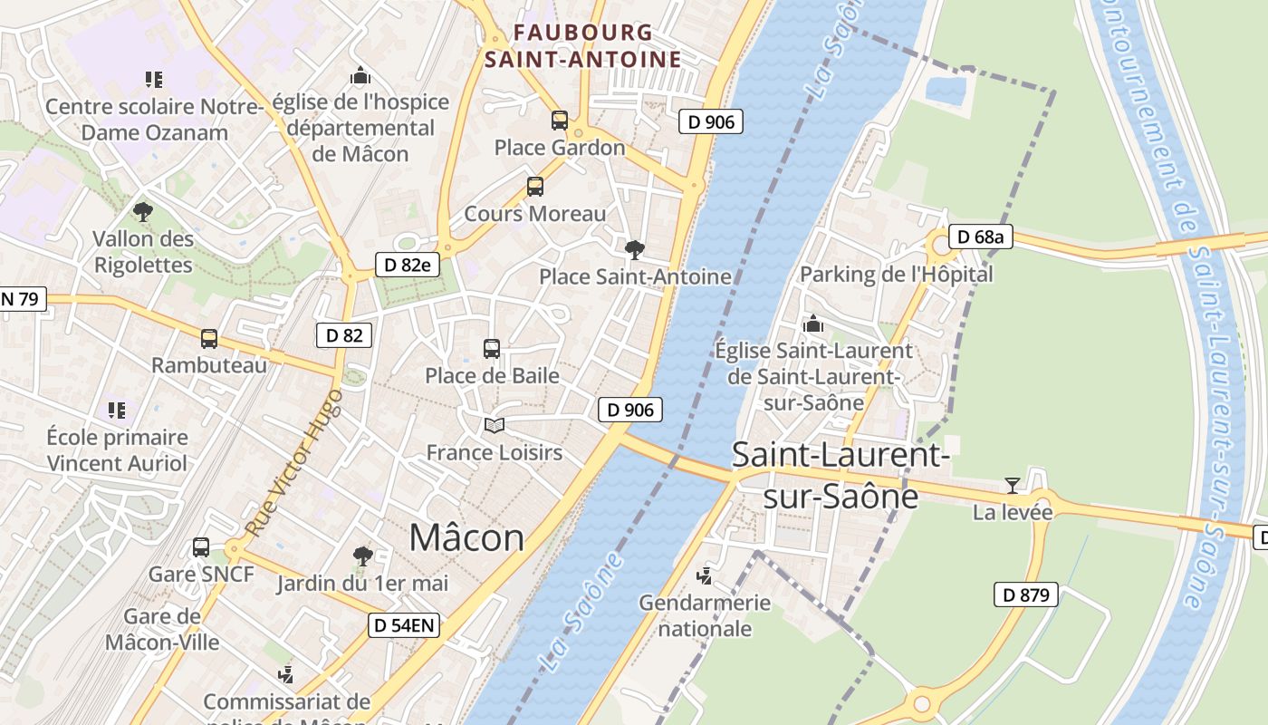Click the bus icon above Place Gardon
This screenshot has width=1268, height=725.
click(560, 120)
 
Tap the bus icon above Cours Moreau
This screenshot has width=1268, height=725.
click(535, 187)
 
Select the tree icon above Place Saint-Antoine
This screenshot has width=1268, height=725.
click(635, 249)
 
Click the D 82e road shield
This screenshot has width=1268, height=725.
click(408, 265)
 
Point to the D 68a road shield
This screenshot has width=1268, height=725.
click(980, 237)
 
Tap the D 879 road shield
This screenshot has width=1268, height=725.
click(1026, 594)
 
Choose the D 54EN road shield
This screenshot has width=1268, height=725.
click(405, 624)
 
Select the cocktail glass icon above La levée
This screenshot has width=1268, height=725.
click(1013, 486)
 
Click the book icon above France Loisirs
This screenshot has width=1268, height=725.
click(494, 425)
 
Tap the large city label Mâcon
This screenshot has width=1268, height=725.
click(466, 537)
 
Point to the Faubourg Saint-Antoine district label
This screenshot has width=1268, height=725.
click(582, 46)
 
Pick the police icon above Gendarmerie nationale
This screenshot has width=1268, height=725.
click(704, 575)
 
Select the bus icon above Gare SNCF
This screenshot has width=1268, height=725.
click(201, 547)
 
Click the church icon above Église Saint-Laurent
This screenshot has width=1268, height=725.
click(813, 324)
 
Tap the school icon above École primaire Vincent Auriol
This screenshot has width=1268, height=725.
click(117, 411)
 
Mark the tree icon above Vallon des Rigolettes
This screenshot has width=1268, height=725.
click(142, 212)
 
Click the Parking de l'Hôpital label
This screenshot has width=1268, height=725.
click(896, 274)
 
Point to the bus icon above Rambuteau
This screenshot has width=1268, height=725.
click(209, 339)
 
